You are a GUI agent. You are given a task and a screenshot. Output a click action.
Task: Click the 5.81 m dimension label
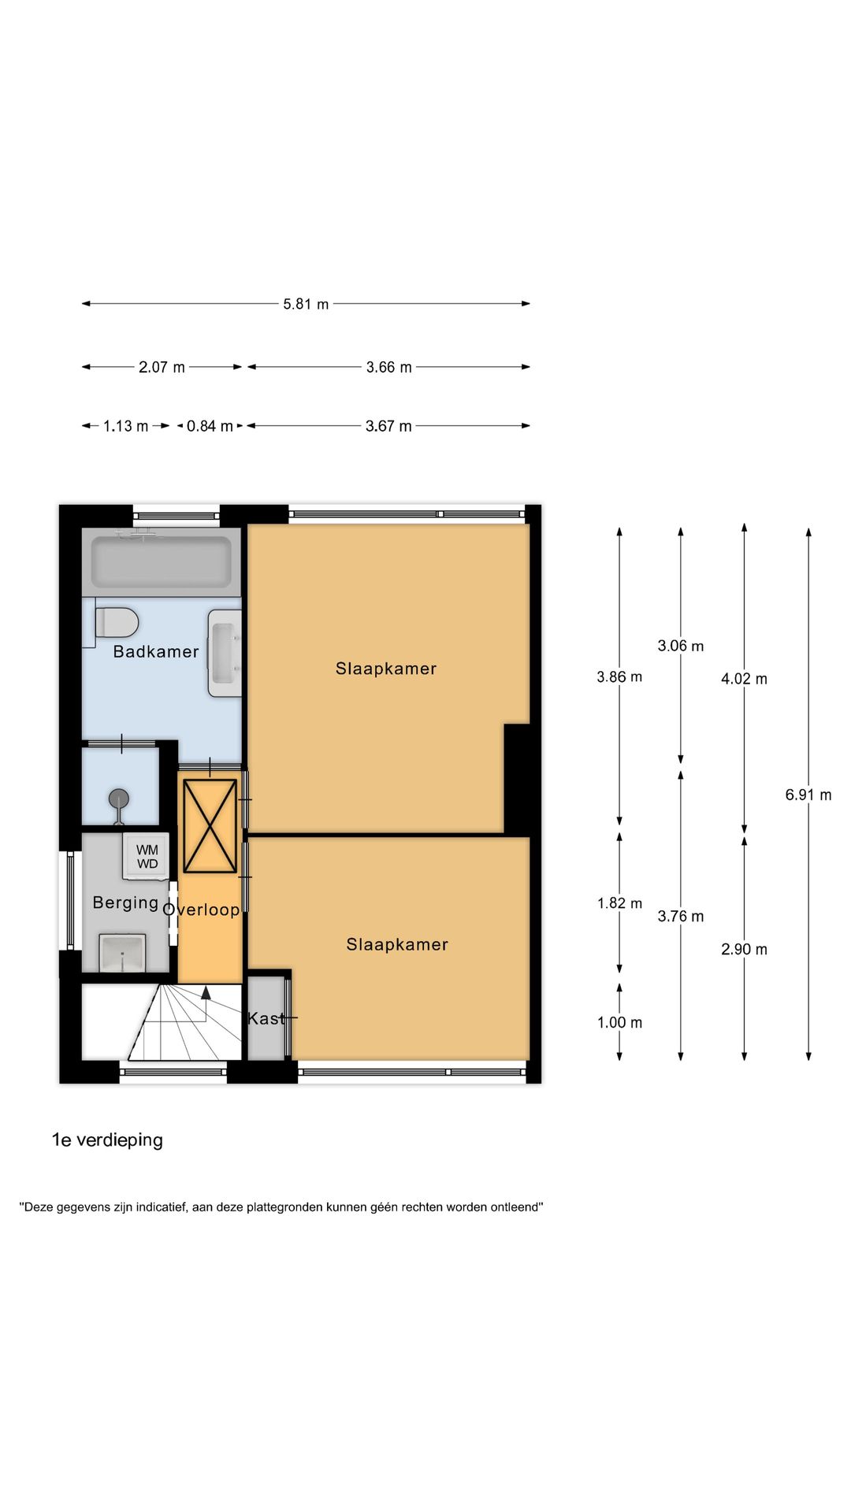[x=306, y=304]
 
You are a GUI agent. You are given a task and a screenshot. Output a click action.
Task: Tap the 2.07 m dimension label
[x=162, y=367]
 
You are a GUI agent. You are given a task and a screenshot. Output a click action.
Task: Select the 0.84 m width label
[x=210, y=426]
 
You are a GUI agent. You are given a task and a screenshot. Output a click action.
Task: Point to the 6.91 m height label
[x=808, y=795]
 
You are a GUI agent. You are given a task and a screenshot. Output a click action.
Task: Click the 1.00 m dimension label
[x=619, y=1022]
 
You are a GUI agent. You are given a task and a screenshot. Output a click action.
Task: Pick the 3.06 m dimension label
[x=681, y=646]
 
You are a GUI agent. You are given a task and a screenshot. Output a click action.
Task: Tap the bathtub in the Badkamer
[x=162, y=561]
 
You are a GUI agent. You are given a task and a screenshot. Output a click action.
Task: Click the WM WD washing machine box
[x=147, y=857]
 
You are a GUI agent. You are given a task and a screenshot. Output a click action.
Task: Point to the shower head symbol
[x=119, y=799]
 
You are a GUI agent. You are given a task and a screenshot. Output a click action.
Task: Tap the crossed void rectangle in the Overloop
[x=210, y=825]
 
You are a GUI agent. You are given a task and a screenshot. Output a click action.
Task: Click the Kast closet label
[x=266, y=1018]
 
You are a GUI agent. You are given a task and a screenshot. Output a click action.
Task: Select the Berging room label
[x=125, y=902]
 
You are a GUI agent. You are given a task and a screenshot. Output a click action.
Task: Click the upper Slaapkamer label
[x=385, y=669]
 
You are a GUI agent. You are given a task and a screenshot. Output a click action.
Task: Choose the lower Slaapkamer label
[x=396, y=944]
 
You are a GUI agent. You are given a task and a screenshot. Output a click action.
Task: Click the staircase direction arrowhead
[x=206, y=992]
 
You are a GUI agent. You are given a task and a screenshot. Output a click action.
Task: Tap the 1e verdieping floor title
[x=107, y=1140]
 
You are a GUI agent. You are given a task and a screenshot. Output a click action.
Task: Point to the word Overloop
[x=202, y=910]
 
